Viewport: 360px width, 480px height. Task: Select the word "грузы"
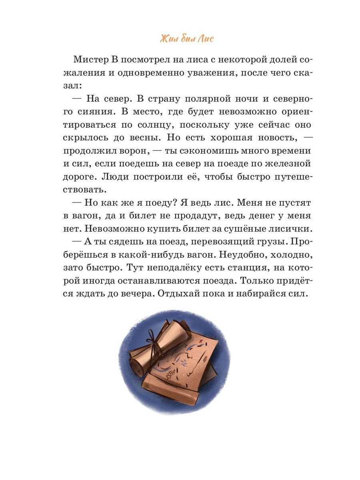click(x=267, y=242)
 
